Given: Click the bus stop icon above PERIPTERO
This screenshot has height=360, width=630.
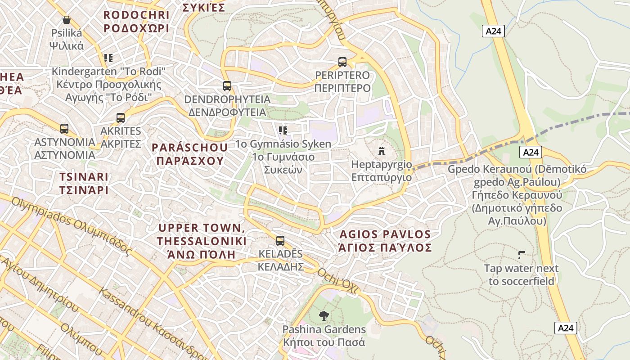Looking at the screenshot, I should coord(342,62).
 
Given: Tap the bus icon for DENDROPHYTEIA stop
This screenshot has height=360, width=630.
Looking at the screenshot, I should coord(227,85).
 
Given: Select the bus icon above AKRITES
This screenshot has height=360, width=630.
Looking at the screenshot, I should coord(121,118).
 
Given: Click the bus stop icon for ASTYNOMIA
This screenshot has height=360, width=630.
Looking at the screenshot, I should coord(64,129).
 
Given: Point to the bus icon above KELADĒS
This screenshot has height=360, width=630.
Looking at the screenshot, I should coord(280,241).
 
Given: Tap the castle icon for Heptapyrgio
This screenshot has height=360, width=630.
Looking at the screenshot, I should coord(382,151).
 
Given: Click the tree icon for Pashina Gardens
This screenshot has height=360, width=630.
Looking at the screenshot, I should coord(323,316).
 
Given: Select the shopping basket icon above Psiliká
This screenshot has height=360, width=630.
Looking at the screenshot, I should coord(67,20).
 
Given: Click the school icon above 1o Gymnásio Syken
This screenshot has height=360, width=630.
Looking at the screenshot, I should coord(283,130).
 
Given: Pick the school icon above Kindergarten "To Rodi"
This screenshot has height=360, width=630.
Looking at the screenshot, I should coord(108,58).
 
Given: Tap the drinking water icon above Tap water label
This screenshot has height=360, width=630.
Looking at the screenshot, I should coord(522,255).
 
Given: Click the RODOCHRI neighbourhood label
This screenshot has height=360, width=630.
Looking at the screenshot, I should coord(136,22).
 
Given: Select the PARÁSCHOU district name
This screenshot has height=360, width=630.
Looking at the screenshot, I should coord(189,154).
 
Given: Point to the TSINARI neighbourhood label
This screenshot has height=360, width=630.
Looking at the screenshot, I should coord(84,183).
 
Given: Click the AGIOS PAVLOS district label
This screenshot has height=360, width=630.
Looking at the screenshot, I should coord(385,241).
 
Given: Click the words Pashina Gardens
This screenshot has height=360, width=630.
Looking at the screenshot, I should coord(324,329).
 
